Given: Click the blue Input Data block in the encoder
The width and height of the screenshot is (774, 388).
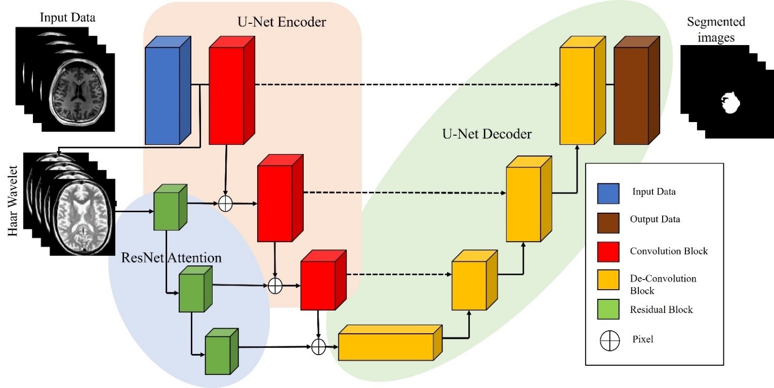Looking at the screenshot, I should [162, 96].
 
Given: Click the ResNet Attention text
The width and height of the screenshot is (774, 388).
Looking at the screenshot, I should [172, 257].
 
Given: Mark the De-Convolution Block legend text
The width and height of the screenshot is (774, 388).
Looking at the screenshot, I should [656, 285].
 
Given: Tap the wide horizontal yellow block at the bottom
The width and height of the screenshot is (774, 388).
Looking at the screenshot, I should [386, 346].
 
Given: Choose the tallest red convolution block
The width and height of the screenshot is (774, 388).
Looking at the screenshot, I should [227, 96].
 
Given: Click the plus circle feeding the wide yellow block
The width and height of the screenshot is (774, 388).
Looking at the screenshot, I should [318, 347].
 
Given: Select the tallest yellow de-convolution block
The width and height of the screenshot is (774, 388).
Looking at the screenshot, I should [577, 96].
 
